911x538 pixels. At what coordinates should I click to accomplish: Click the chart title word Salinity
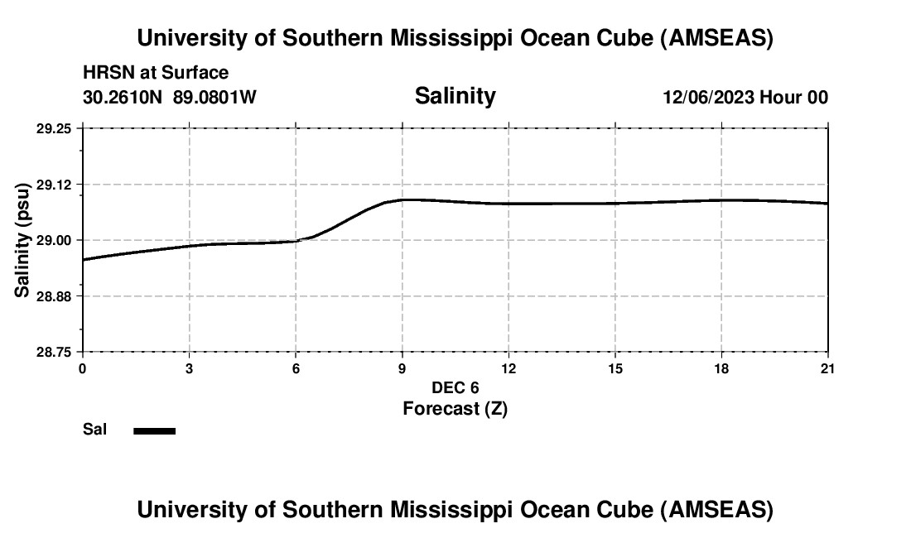pyautogui.click(x=455, y=96)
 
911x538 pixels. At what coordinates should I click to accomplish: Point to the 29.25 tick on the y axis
pyautogui.click(x=54, y=128)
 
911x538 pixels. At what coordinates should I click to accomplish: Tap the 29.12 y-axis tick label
pyautogui.click(x=54, y=185)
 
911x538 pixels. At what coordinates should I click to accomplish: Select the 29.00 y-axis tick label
pyautogui.click(x=54, y=240)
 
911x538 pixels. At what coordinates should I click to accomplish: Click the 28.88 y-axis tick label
pyautogui.click(x=54, y=296)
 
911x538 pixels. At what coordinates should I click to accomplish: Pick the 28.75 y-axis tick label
pyautogui.click(x=54, y=352)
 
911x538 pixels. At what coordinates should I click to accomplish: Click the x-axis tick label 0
pyautogui.click(x=82, y=368)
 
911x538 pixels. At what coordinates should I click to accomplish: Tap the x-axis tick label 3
pyautogui.click(x=189, y=368)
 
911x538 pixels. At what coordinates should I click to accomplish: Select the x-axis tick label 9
pyautogui.click(x=402, y=368)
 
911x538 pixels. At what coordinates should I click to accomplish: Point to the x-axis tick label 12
pyautogui.click(x=509, y=368)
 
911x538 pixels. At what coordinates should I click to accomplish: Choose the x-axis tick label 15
pyautogui.click(x=615, y=368)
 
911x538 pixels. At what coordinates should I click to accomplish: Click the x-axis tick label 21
pyautogui.click(x=827, y=368)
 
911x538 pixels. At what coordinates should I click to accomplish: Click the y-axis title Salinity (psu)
pyautogui.click(x=22, y=240)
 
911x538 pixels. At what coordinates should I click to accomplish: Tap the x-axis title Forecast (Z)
pyautogui.click(x=455, y=408)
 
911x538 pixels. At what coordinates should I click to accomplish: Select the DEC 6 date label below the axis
pyautogui.click(x=455, y=387)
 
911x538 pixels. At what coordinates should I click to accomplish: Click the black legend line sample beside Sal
pyautogui.click(x=154, y=430)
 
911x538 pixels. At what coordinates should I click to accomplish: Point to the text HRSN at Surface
pyautogui.click(x=156, y=73)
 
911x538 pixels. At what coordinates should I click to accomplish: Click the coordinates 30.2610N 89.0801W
pyautogui.click(x=170, y=97)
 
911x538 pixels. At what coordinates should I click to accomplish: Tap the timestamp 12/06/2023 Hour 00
pyautogui.click(x=745, y=97)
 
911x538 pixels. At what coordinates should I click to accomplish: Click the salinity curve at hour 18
pyautogui.click(x=721, y=199)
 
